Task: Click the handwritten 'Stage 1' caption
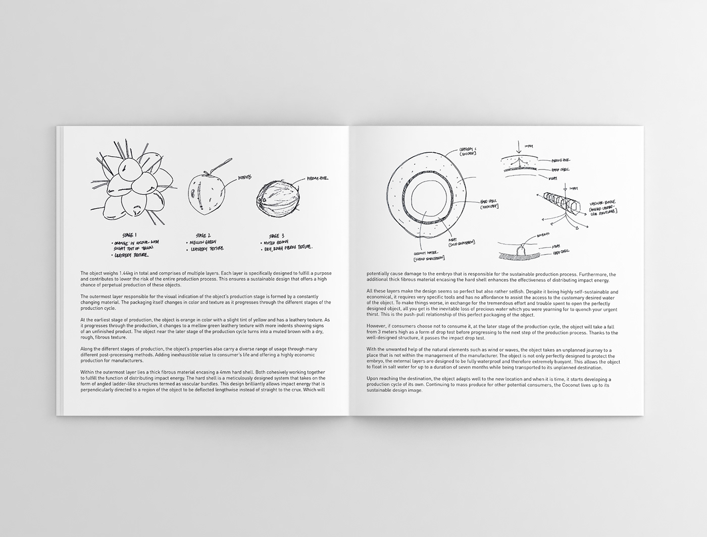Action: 130,235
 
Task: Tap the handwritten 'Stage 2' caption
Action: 204,235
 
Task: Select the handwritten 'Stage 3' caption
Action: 277,235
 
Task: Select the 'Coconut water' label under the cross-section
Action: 426,256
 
